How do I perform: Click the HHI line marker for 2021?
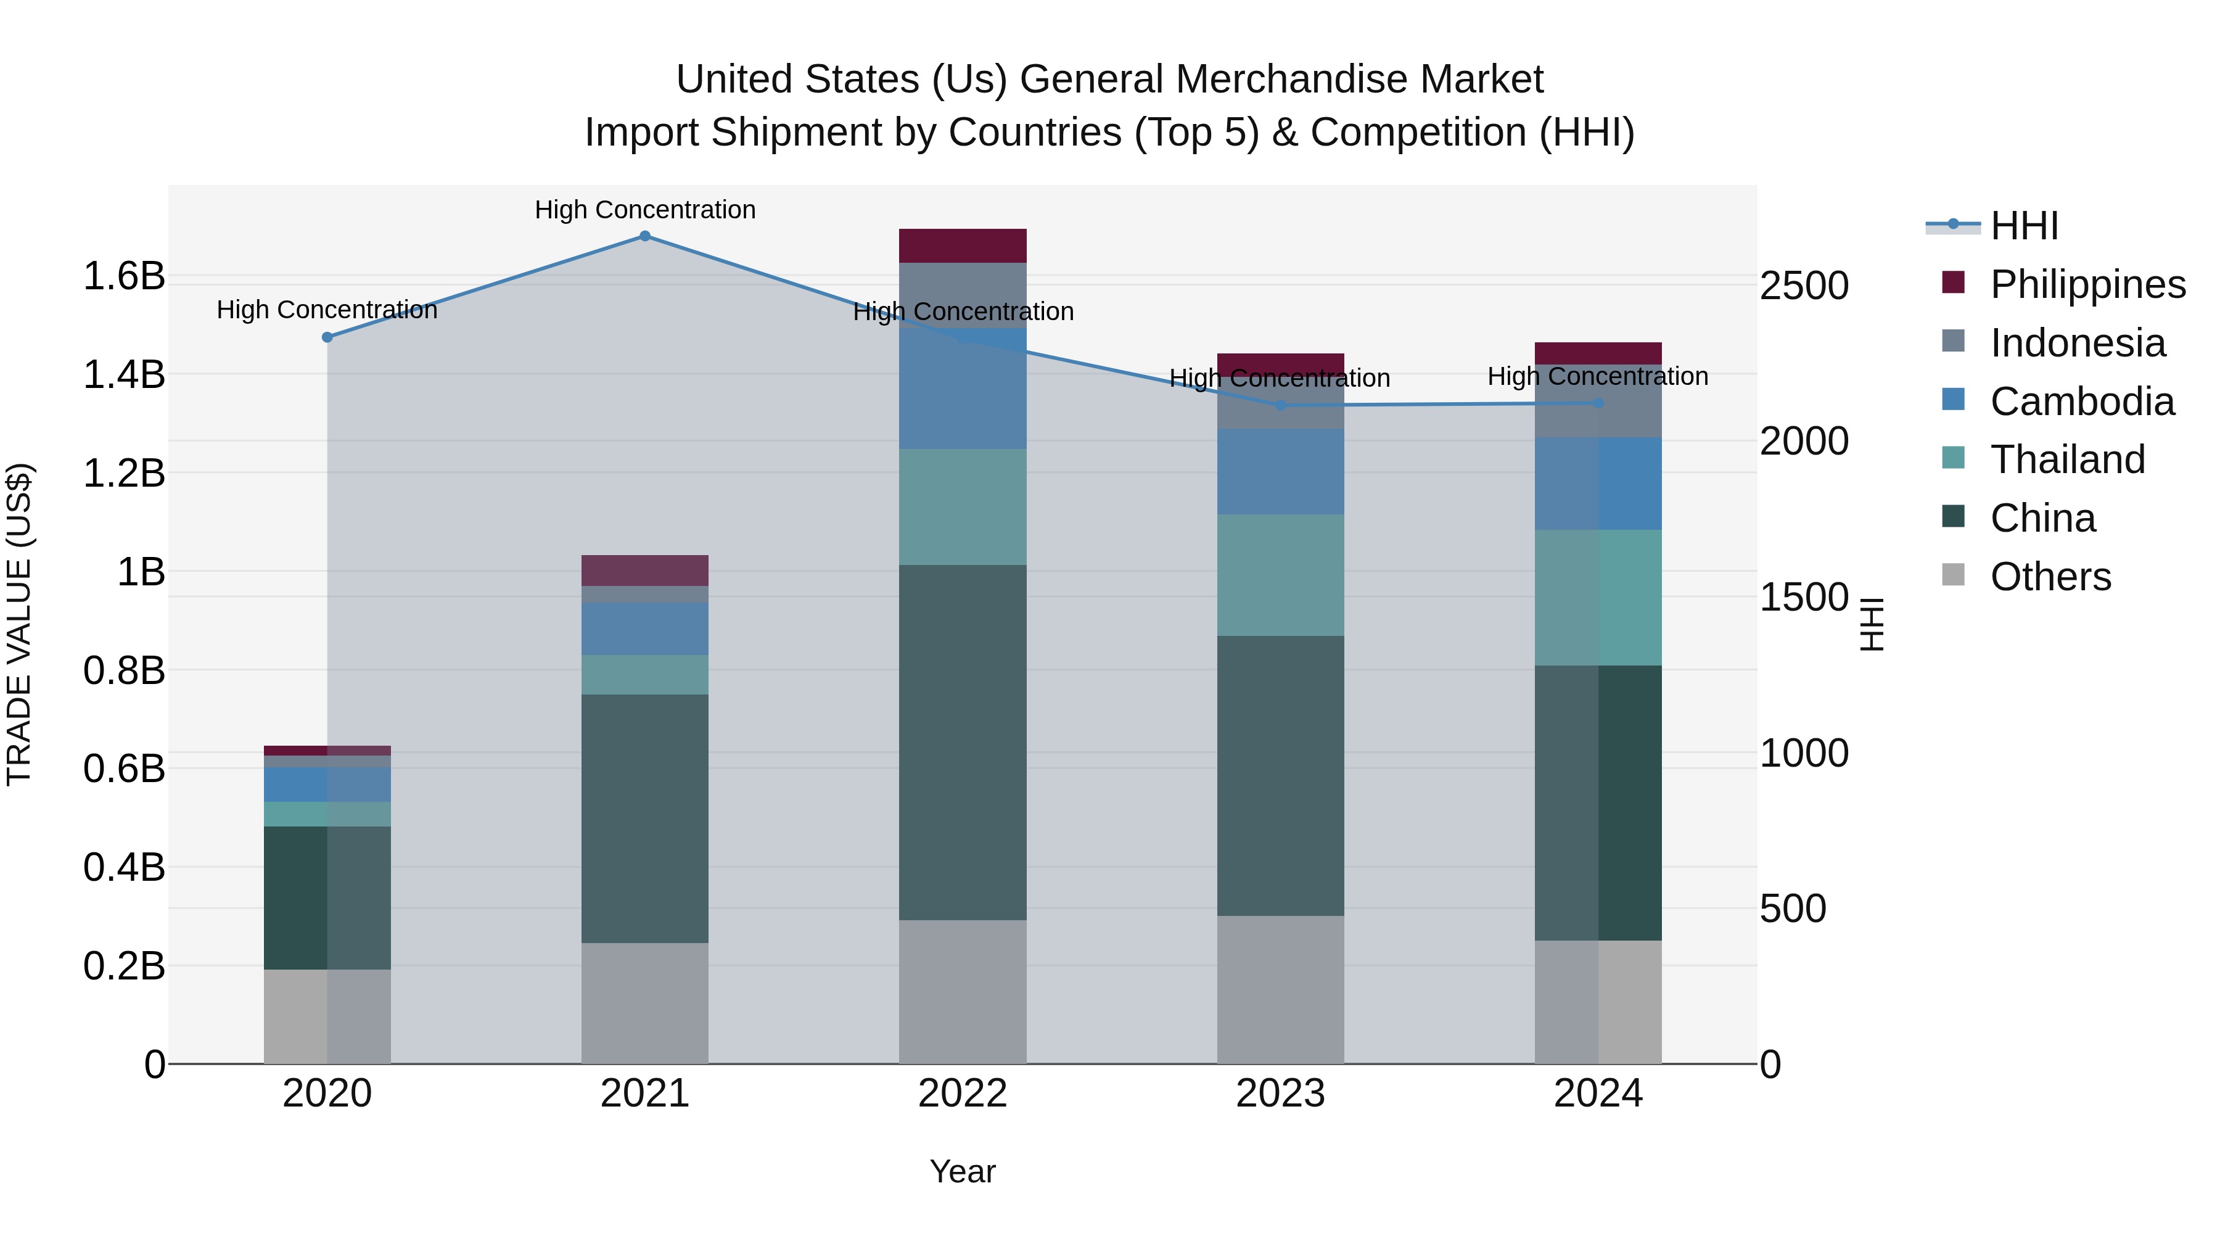pyautogui.click(x=644, y=236)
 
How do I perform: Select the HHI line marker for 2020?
pyautogui.click(x=327, y=337)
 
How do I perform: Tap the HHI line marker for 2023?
pyautogui.click(x=1281, y=405)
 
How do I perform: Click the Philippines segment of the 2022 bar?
pyautogui.click(x=963, y=245)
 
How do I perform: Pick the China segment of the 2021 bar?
pyautogui.click(x=644, y=819)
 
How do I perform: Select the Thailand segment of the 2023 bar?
pyautogui.click(x=1281, y=575)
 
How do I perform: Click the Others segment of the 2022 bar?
pyautogui.click(x=963, y=991)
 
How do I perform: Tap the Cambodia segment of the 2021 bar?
pyautogui.click(x=644, y=629)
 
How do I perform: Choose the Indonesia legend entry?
pyautogui.click(x=2077, y=343)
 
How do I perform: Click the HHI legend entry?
pyautogui.click(x=2023, y=226)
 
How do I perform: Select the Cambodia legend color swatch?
pyautogui.click(x=1954, y=399)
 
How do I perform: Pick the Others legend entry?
pyautogui.click(x=2050, y=577)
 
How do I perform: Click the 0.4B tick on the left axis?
pyautogui.click(x=124, y=867)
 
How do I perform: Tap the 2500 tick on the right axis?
pyautogui.click(x=1804, y=286)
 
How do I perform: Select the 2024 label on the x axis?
pyautogui.click(x=1598, y=1094)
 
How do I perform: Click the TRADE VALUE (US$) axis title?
pyautogui.click(x=19, y=625)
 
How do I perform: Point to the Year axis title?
pyautogui.click(x=963, y=1171)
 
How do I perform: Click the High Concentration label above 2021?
pyautogui.click(x=644, y=210)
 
